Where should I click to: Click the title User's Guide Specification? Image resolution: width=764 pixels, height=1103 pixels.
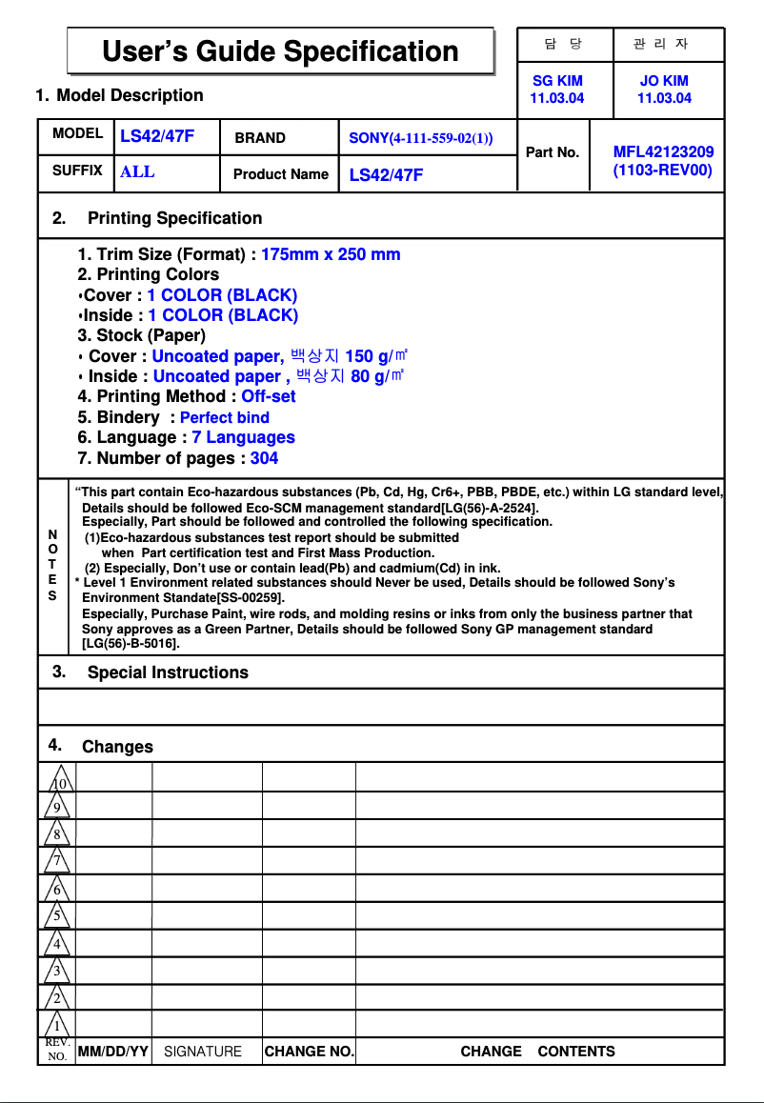tap(280, 50)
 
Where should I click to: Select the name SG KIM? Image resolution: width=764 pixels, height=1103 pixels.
tap(557, 81)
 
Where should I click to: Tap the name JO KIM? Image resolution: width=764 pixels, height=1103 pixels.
tap(664, 81)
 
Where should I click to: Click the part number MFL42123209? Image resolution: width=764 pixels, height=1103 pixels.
tap(663, 151)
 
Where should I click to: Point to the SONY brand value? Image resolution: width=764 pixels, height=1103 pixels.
tap(420, 138)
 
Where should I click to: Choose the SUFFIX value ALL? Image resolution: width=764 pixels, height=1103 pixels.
tap(137, 172)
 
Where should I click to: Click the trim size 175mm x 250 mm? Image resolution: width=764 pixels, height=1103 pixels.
tap(331, 254)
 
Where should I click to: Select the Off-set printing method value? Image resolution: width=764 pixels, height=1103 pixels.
tap(268, 396)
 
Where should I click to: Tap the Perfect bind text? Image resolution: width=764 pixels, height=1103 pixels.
tap(224, 417)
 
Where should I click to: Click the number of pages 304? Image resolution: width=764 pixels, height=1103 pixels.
tap(264, 458)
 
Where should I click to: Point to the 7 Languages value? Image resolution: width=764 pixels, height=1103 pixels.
tap(243, 437)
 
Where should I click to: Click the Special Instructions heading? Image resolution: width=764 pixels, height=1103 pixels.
tap(168, 672)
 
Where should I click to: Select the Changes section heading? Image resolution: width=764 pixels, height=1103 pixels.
tap(117, 747)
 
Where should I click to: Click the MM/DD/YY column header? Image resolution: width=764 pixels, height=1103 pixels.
tap(112, 1052)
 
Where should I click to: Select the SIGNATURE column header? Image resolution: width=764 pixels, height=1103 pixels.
tap(203, 1052)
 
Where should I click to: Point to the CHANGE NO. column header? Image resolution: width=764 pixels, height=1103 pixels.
tap(309, 1052)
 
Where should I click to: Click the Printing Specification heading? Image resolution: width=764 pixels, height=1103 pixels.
tap(174, 218)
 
